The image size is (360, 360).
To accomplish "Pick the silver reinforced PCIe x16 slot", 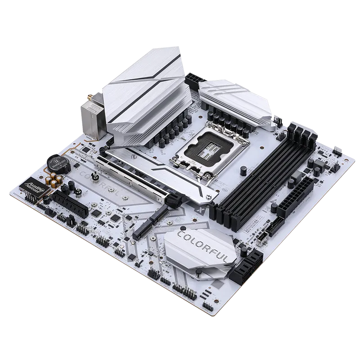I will tap(135, 180).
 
